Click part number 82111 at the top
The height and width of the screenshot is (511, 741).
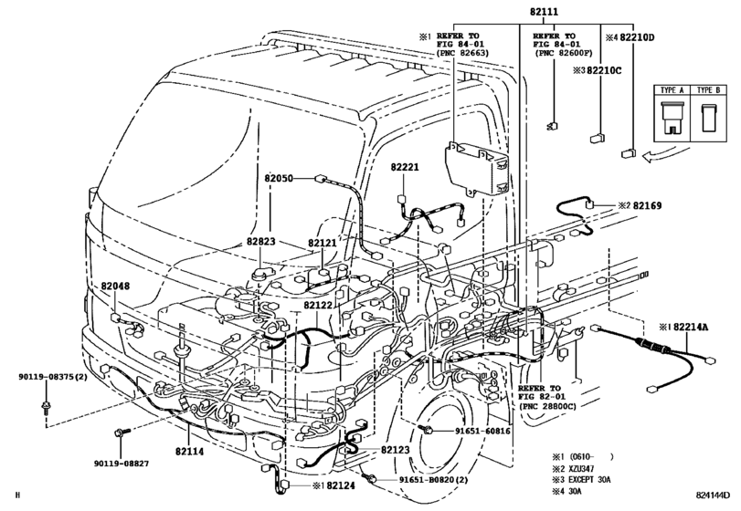[544, 11]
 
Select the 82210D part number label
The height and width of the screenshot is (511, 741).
[637, 37]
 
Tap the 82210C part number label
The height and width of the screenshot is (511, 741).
[604, 71]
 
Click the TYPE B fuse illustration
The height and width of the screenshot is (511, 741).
[708, 117]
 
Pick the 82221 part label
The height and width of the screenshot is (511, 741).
[405, 168]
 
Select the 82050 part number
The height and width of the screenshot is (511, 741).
[279, 179]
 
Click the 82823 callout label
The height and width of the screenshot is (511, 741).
[260, 242]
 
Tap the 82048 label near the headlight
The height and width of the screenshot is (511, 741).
[115, 287]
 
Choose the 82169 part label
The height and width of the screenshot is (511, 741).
[647, 205]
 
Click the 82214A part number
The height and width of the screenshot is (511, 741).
[691, 327]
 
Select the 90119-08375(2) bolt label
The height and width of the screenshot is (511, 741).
[53, 377]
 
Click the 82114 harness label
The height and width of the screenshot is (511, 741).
[189, 452]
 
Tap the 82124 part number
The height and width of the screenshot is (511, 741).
[340, 485]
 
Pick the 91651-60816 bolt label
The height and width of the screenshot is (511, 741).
[482, 431]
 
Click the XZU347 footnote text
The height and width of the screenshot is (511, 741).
[581, 468]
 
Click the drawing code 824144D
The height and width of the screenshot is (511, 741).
[713, 495]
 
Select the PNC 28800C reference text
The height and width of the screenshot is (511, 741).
[546, 406]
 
